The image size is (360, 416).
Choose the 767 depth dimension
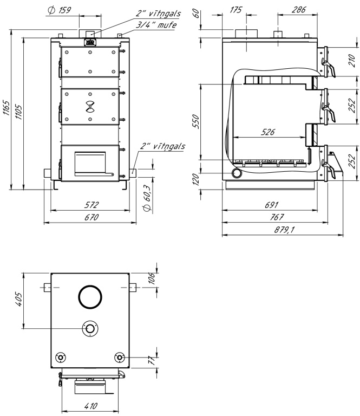pos(277,218)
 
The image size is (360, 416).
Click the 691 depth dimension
pos(271,205)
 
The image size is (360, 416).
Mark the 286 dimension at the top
pos(296,10)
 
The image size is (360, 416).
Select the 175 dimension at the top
pos(235,10)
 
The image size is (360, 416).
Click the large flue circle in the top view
pos(90,297)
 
